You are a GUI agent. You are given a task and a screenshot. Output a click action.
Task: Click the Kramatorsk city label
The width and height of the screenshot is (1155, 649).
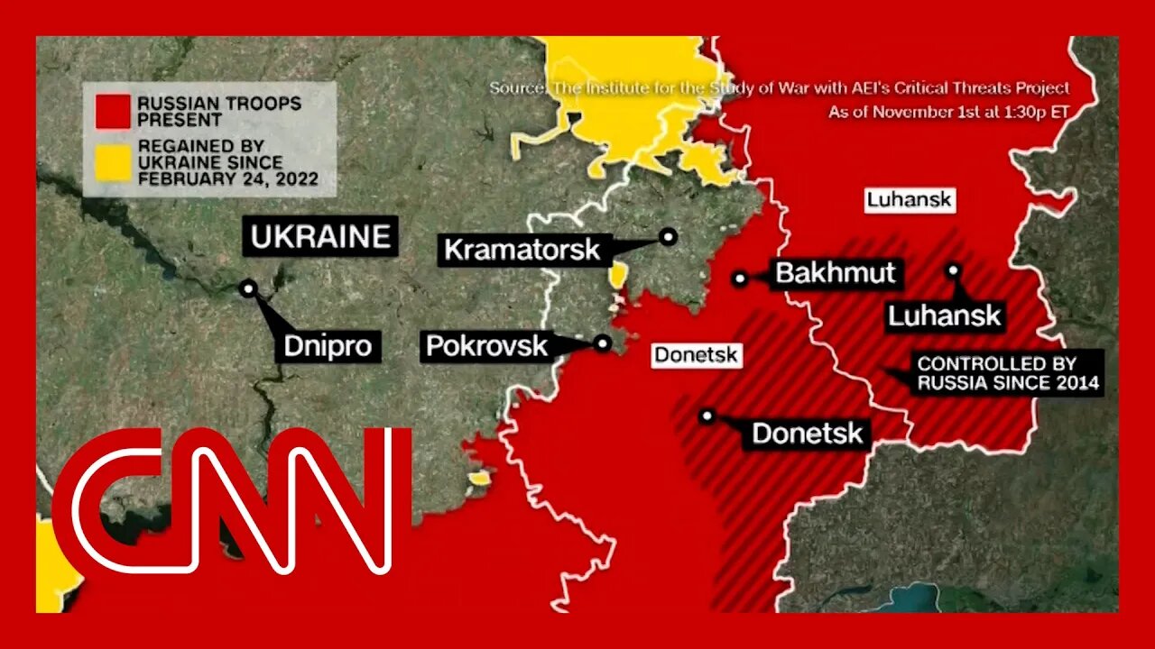[x=522, y=249]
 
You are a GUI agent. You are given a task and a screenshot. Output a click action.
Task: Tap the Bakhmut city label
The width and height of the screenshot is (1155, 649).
[x=835, y=273]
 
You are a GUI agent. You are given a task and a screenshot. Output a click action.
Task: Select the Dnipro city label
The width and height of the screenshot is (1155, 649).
[x=328, y=345]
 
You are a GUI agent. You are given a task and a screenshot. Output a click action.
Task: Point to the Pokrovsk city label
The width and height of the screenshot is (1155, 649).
[x=486, y=345]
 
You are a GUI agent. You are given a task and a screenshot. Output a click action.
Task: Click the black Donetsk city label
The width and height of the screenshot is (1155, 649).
[x=807, y=434]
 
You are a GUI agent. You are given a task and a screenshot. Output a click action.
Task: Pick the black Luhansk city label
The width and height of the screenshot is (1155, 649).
[x=944, y=315]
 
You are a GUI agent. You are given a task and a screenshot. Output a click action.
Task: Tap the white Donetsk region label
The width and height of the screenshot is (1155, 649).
[x=696, y=355]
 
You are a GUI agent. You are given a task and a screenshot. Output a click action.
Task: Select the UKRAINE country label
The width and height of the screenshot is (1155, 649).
[x=320, y=236]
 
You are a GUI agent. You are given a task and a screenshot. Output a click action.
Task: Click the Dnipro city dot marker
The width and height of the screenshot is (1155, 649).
[x=248, y=288]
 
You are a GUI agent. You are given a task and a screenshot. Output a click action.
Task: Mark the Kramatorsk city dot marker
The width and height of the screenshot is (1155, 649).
[x=668, y=236]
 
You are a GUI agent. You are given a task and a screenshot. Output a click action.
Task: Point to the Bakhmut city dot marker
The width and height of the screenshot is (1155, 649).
[x=740, y=279]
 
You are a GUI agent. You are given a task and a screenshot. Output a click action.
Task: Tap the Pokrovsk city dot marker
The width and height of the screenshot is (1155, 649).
[x=603, y=343]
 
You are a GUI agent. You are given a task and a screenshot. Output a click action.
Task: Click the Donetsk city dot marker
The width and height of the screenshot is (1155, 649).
[x=707, y=416]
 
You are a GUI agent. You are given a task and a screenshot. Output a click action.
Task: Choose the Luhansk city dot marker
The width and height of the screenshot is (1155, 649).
[x=954, y=269]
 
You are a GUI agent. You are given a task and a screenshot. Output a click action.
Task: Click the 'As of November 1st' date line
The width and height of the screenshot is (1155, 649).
[x=949, y=113]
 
